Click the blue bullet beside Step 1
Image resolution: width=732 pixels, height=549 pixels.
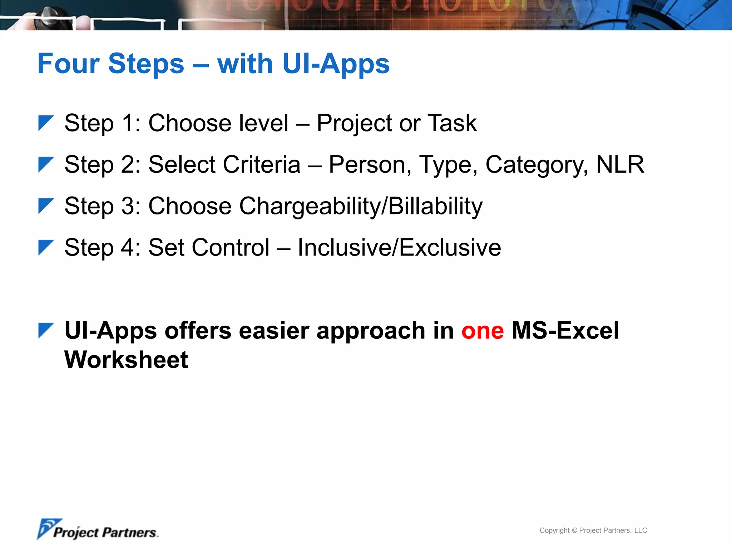[45, 123]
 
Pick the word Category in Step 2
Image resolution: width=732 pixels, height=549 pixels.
[536, 165]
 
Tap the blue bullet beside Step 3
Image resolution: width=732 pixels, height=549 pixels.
[45, 206]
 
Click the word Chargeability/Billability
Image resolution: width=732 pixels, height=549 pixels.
[360, 206]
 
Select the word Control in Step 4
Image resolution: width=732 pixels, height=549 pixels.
[209, 247]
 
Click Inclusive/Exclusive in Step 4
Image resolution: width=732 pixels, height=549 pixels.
[399, 247]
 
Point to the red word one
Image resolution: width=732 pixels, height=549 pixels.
[483, 331]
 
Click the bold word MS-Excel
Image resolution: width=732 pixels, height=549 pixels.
[565, 330]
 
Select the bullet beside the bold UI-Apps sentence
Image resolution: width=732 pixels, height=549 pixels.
[45, 330]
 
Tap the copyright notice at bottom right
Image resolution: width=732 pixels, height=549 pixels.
[593, 530]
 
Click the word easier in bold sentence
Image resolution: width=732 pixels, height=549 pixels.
[273, 331]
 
